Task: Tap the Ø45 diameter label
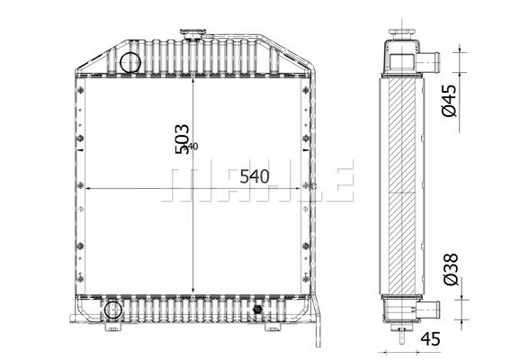click(451, 99)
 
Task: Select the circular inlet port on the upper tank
click(131, 63)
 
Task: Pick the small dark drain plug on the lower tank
click(259, 310)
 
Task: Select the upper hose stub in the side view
click(430, 62)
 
